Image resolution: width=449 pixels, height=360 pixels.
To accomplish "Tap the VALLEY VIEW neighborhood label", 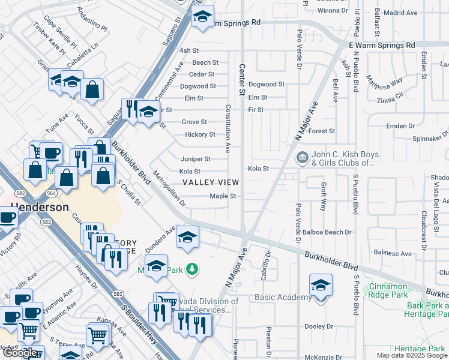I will coord(210,182).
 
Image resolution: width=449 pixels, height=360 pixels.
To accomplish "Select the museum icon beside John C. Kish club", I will coord(303,158).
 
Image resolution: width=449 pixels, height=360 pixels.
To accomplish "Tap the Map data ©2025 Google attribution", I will coord(411,355).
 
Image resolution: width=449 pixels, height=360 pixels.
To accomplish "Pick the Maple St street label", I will coord(223,196).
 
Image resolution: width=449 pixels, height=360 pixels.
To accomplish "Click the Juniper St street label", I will coord(196,159).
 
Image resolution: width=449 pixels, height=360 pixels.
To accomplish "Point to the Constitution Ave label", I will coord(228,129).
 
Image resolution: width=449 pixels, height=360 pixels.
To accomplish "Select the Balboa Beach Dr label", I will coord(330,232).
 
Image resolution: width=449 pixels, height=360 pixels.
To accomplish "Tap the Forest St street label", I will coord(322,131).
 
